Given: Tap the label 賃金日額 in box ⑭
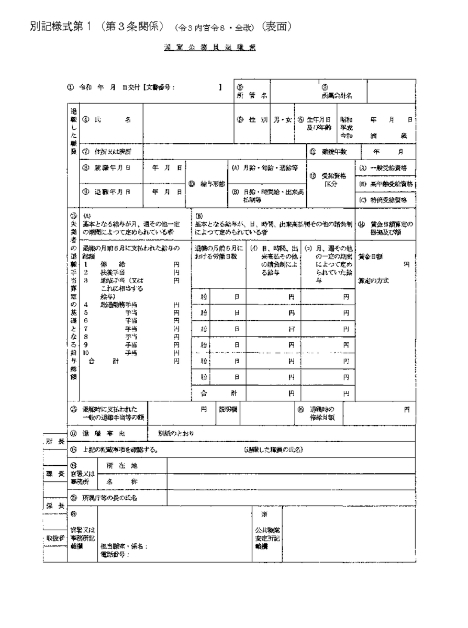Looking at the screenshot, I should (370, 257).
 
